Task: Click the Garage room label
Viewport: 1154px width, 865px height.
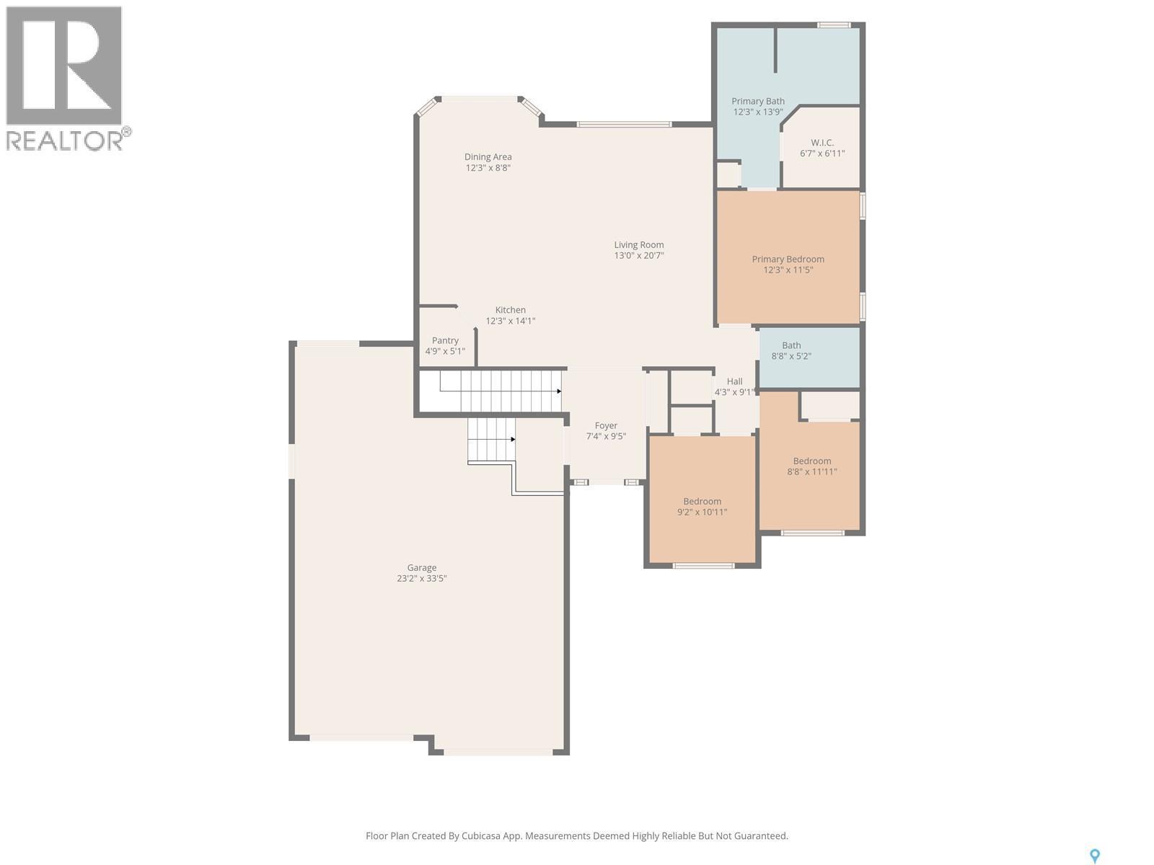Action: pyautogui.click(x=421, y=567)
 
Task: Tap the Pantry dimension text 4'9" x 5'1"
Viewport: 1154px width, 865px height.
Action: pyautogui.click(x=445, y=352)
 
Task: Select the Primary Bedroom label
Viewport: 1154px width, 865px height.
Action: pyautogui.click(x=788, y=259)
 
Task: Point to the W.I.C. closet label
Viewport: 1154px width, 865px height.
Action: pyautogui.click(x=822, y=143)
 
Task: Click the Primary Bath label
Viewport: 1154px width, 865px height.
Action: pyautogui.click(x=758, y=102)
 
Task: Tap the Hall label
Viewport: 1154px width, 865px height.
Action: pyautogui.click(x=734, y=381)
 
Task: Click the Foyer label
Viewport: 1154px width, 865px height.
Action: pyautogui.click(x=606, y=425)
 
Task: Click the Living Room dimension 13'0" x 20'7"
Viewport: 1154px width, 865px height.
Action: pyautogui.click(x=639, y=256)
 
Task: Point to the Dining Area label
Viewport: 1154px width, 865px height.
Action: pyautogui.click(x=488, y=156)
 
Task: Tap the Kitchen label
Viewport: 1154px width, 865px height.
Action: pyautogui.click(x=510, y=310)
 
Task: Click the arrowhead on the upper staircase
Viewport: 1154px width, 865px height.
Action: pyautogui.click(x=559, y=391)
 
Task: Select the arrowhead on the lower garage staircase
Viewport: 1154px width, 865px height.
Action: pyautogui.click(x=513, y=439)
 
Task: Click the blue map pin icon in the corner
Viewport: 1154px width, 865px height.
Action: pyautogui.click(x=1094, y=856)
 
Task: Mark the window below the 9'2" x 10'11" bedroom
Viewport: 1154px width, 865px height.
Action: pyautogui.click(x=703, y=566)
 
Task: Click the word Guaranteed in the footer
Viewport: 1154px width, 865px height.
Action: pyautogui.click(x=760, y=836)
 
